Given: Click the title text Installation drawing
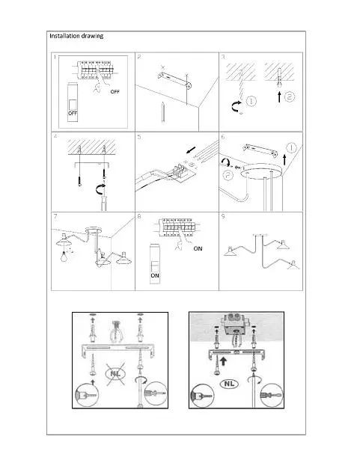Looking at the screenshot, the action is [x=76, y=36].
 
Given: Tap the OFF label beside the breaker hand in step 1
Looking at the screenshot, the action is [x=115, y=91].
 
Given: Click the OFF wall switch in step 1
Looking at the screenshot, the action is [x=73, y=102].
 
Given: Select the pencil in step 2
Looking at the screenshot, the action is [x=162, y=111].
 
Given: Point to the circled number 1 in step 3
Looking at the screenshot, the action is [x=251, y=101].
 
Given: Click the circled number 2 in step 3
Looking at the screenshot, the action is [x=289, y=96].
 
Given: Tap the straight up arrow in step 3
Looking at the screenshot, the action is [x=279, y=96].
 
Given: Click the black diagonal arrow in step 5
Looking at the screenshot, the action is [x=191, y=150].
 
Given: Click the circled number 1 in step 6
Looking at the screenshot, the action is [x=291, y=147].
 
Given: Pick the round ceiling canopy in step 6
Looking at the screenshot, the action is [x=260, y=171].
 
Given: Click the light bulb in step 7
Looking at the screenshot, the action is [x=64, y=256].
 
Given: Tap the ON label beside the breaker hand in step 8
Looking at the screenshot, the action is [x=198, y=248].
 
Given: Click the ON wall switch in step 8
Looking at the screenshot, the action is [x=155, y=263].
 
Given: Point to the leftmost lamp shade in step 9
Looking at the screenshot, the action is [x=232, y=251].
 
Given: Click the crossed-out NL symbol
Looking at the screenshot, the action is [x=115, y=373].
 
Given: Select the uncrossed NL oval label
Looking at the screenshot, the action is [x=229, y=384].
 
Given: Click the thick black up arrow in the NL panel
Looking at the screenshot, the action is [x=224, y=361].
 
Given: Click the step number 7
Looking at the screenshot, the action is [x=55, y=216].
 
